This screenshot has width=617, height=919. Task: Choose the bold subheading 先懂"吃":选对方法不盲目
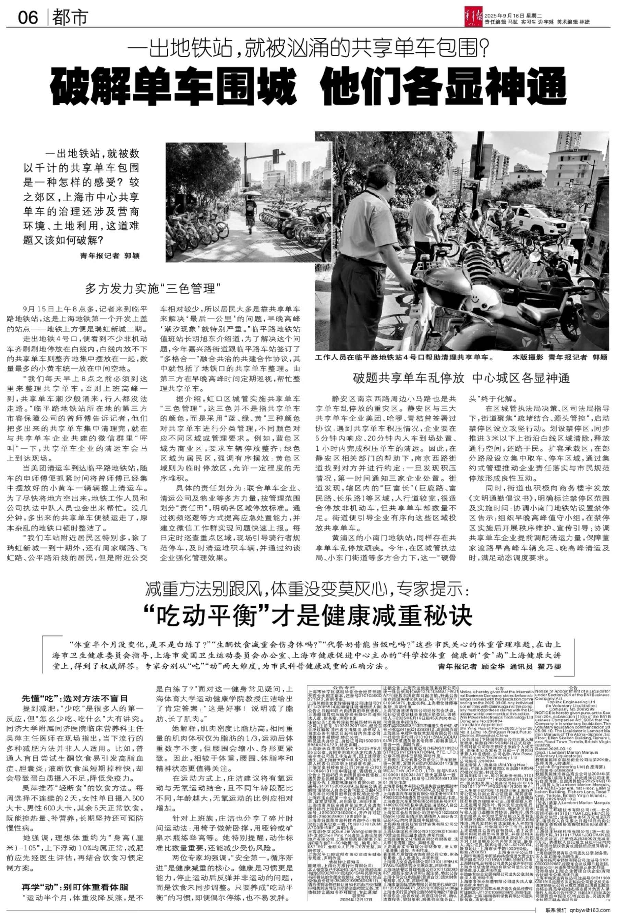(75, 698)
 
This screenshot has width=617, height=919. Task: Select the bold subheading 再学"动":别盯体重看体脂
(75, 887)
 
